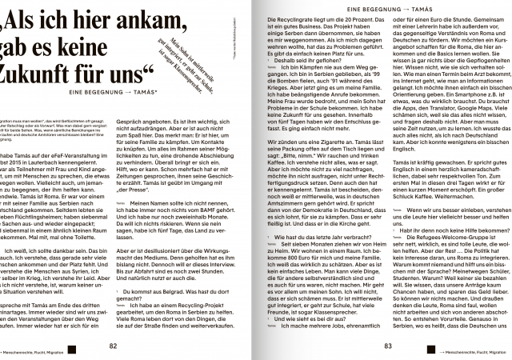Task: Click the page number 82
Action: [113, 346]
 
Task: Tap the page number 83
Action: [387, 346]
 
